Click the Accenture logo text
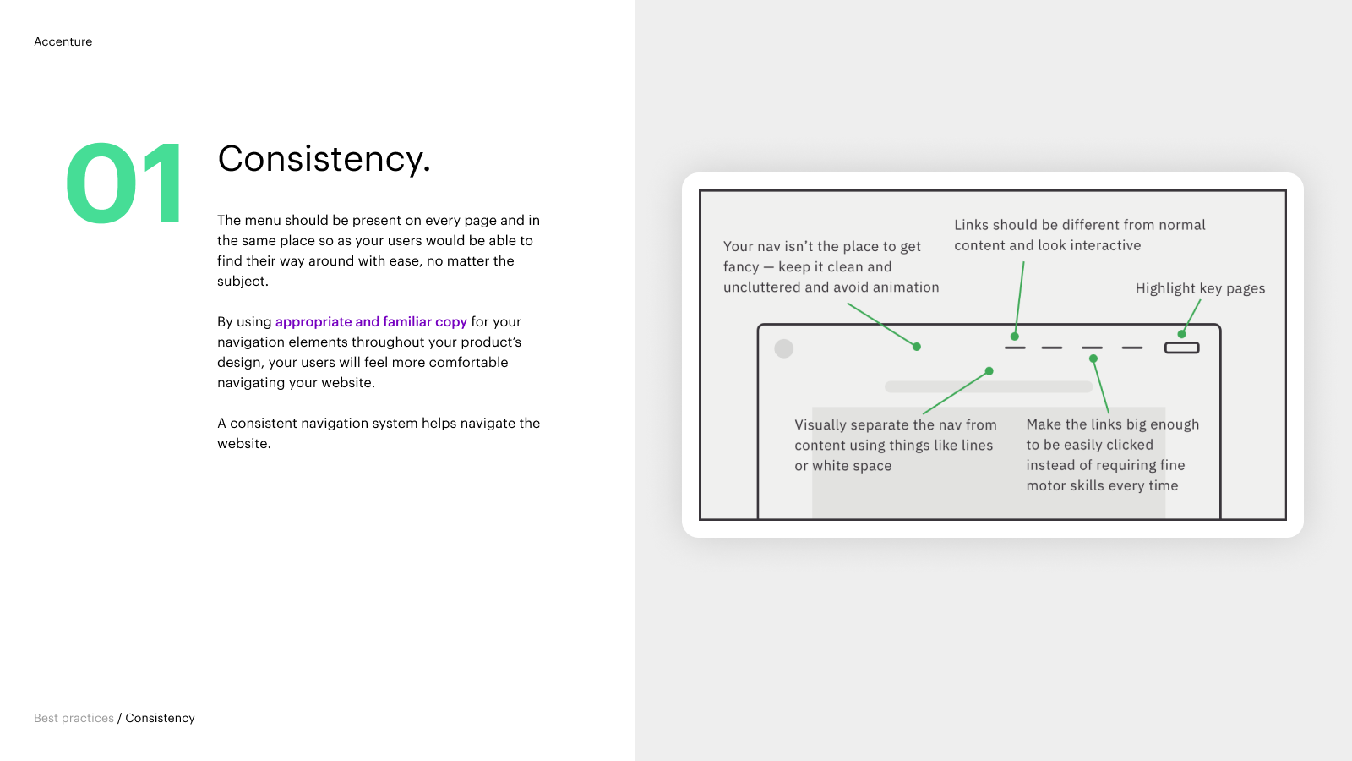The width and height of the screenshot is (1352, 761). coord(63,41)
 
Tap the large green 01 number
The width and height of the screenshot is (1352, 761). coord(123,183)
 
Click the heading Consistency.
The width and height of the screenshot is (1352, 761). coord(324,159)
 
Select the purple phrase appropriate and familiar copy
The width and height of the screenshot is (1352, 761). coord(371,322)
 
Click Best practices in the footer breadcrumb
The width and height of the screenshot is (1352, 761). coord(74,718)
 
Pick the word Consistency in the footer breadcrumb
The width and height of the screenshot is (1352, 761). coord(160,718)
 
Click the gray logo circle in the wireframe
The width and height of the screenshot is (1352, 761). coord(784,348)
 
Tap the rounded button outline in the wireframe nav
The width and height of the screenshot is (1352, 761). coord(1182,348)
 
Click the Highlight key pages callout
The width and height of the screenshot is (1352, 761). coord(1200,288)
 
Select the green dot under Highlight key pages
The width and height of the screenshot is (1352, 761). coord(1182,334)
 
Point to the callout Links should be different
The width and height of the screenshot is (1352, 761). coord(1080,235)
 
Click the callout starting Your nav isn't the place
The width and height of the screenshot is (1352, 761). coord(831,267)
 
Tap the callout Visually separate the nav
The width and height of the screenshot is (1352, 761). coord(896,445)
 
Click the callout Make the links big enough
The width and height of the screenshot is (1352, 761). coord(1112,455)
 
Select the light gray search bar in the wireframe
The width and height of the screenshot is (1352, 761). coord(989,387)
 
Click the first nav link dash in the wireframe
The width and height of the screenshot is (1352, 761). coord(1015,348)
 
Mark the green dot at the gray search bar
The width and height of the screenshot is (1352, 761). coord(989,371)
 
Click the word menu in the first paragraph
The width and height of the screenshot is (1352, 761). coord(263,221)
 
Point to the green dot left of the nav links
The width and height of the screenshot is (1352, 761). coord(917,347)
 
